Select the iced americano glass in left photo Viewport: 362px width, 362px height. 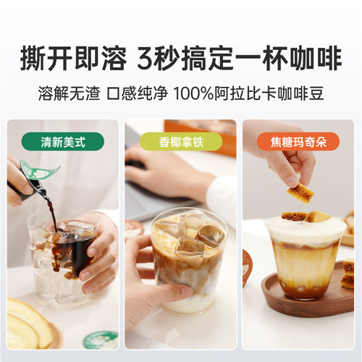click(x=62, y=257)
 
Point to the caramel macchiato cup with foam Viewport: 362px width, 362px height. click(x=304, y=257)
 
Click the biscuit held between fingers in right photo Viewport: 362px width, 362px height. click(x=298, y=192)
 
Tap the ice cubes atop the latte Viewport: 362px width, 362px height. click(x=190, y=232)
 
